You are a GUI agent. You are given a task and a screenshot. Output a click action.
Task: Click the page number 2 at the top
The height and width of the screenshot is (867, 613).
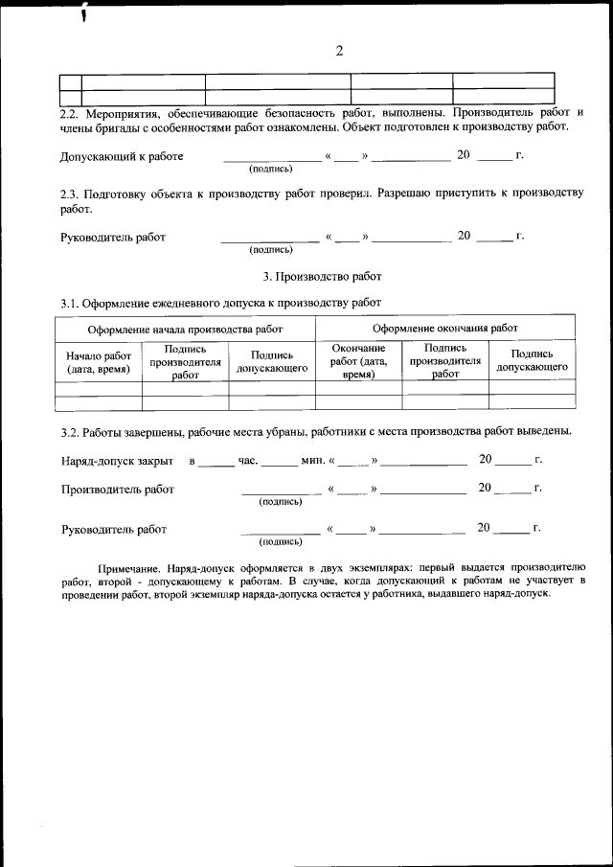[x=339, y=51]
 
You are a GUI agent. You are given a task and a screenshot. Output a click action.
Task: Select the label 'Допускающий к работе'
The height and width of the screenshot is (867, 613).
[x=122, y=156]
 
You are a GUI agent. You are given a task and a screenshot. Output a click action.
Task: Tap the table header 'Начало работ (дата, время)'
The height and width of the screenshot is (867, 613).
[x=99, y=361]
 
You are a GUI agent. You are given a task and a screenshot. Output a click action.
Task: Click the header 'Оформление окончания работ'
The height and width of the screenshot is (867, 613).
[x=444, y=328]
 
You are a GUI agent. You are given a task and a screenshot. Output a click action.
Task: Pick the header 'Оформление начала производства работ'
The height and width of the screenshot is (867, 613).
[x=186, y=328]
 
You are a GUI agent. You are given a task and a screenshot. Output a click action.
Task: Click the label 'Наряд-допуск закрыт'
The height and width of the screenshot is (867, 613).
[x=117, y=460]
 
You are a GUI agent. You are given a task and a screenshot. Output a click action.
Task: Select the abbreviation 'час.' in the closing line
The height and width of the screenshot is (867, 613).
[x=248, y=460]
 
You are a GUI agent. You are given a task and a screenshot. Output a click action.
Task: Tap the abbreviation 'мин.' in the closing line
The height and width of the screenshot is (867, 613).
[x=312, y=460]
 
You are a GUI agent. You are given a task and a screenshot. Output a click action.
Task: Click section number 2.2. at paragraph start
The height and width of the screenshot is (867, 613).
[x=73, y=112]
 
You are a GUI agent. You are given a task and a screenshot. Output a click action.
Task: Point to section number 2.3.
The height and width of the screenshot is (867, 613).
[x=73, y=193]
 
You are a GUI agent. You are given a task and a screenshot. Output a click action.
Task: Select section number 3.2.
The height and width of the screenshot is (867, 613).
[x=72, y=430]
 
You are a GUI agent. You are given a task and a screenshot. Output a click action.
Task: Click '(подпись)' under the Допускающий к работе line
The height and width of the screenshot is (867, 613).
[x=270, y=169]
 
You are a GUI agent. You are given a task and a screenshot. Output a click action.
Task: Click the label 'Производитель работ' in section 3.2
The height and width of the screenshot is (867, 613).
[x=118, y=490]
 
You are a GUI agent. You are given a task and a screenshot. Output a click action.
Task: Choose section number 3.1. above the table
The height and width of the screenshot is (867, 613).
[x=72, y=304]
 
